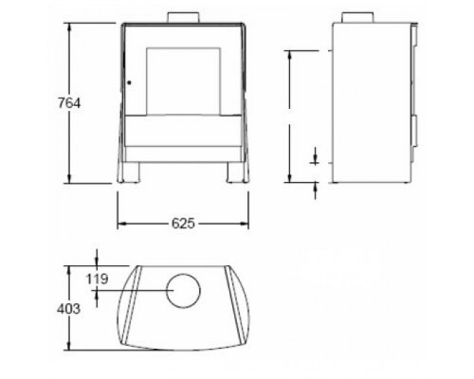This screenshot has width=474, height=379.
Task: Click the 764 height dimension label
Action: click(x=69, y=103)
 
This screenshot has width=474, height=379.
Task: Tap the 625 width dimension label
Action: click(x=183, y=224)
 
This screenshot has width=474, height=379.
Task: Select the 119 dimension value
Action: click(x=98, y=279)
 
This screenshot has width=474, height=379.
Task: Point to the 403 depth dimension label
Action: click(x=68, y=309)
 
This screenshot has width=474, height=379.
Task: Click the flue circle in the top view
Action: click(x=184, y=291)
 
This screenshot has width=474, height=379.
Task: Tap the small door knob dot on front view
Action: click(x=129, y=82)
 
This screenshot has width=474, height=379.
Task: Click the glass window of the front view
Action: click(x=183, y=81)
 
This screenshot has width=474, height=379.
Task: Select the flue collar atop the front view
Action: click(x=183, y=17)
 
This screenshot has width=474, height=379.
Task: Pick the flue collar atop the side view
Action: click(x=357, y=17)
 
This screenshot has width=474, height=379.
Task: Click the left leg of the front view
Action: click(x=131, y=172)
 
